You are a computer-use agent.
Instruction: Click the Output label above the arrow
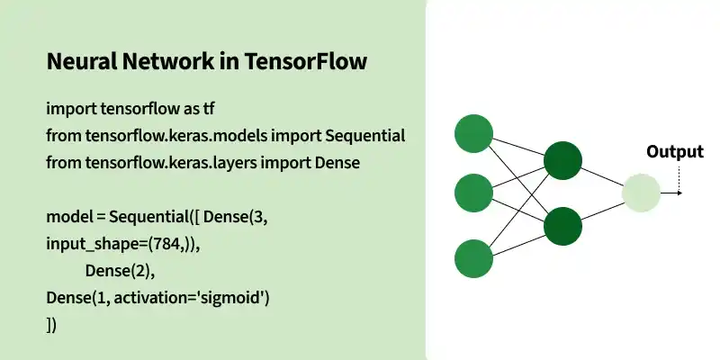675,152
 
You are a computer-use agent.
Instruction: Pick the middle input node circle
474,193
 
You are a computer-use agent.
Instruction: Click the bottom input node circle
474,258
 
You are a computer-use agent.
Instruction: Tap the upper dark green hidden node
562,162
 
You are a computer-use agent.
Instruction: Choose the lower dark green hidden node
562,226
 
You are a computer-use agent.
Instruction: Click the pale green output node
641,193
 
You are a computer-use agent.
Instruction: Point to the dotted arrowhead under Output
679,193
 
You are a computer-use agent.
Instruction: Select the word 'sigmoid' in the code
238,298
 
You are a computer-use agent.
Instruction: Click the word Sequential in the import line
364,136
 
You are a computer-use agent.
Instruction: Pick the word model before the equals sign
67,217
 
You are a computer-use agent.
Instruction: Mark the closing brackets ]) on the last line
51,325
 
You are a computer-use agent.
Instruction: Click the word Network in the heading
167,64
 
